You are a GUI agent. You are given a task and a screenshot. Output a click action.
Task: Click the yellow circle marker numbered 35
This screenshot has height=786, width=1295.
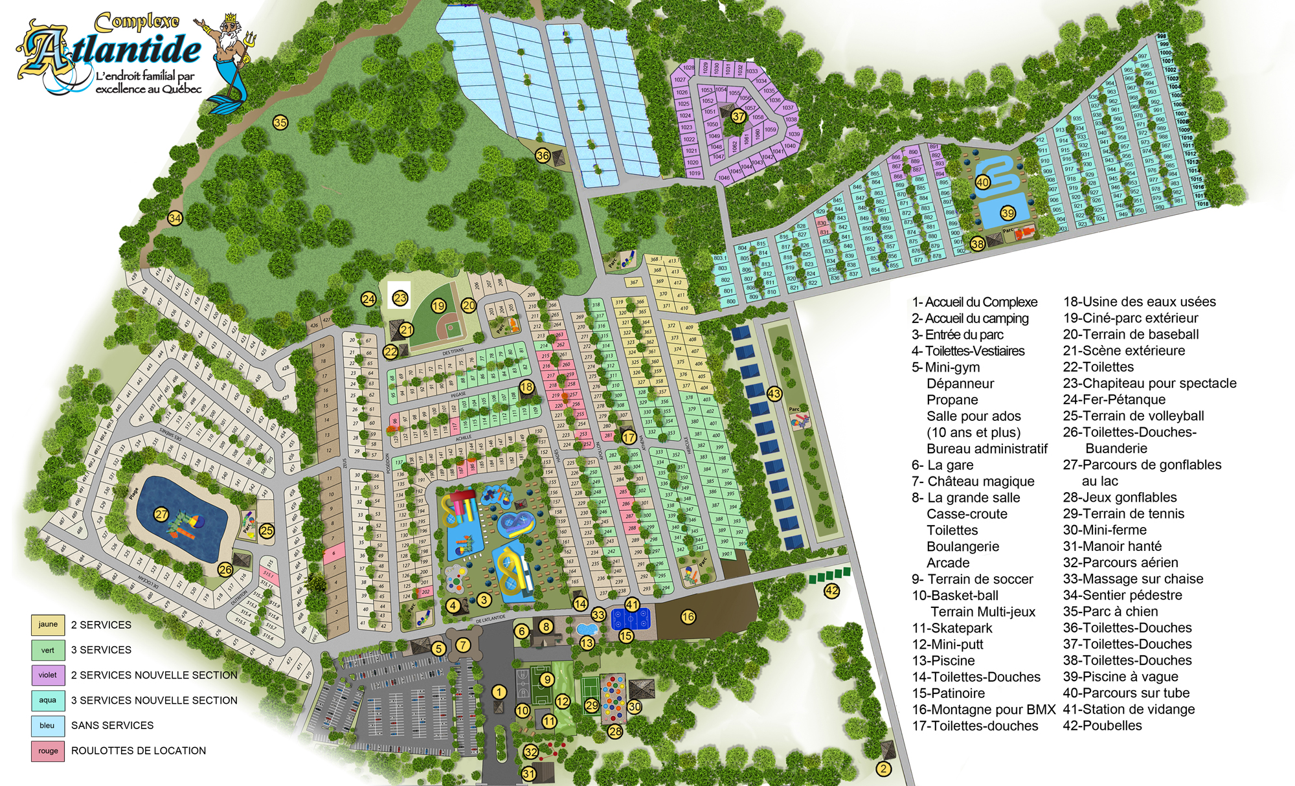pyautogui.click(x=280, y=122)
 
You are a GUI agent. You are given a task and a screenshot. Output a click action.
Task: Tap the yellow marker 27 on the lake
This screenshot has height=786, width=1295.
pyautogui.click(x=161, y=515)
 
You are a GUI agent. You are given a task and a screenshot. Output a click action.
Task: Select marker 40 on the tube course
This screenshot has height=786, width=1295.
pyautogui.click(x=983, y=182)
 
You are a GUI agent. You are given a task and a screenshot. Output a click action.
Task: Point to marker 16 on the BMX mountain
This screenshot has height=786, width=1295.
pyautogui.click(x=688, y=617)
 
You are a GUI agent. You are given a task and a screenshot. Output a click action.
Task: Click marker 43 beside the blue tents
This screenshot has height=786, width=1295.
pyautogui.click(x=774, y=394)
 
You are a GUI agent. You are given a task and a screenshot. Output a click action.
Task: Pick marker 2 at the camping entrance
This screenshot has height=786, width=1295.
pyautogui.click(x=884, y=769)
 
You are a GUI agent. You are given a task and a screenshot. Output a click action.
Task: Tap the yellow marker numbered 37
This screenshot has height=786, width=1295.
pyautogui.click(x=739, y=117)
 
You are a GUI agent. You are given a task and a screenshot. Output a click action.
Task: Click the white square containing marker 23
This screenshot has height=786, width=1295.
pyautogui.click(x=400, y=297)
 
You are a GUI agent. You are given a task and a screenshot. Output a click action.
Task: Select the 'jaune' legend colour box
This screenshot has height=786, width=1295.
pyautogui.click(x=48, y=625)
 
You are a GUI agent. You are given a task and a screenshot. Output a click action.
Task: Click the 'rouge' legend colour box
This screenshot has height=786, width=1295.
pyautogui.click(x=48, y=751)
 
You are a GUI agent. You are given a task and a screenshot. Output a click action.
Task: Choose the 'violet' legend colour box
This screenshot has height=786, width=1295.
pyautogui.click(x=48, y=675)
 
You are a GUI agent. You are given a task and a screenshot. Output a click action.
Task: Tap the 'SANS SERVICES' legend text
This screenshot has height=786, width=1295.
pyautogui.click(x=113, y=726)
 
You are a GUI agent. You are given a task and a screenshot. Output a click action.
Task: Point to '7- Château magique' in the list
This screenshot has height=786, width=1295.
pyautogui.click(x=973, y=481)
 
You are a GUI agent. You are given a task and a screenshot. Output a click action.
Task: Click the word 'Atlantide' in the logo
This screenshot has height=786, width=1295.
pyautogui.click(x=117, y=51)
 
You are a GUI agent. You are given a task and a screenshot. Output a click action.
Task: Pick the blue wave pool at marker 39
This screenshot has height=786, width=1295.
pyautogui.click(x=1003, y=208)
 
